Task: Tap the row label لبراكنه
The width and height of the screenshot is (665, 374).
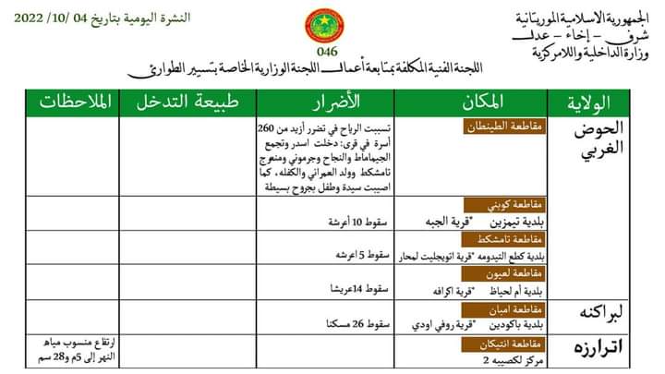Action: (x=606, y=311)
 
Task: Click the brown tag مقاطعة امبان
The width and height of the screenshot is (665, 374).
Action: (x=531, y=308)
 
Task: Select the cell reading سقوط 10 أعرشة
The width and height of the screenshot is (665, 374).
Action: (x=352, y=223)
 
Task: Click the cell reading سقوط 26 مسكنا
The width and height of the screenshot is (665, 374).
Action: (x=352, y=324)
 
